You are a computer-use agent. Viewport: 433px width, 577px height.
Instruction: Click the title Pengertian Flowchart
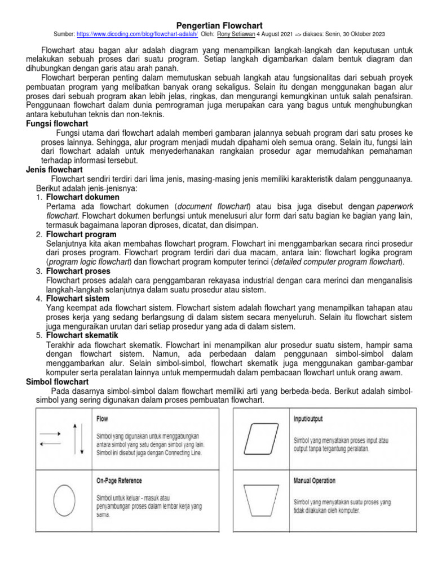tap(216, 25)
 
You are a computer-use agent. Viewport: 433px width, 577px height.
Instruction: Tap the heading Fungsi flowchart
tap(57, 123)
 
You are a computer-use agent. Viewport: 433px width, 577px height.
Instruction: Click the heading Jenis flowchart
tap(55, 170)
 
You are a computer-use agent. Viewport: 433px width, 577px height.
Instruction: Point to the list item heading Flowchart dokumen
tap(82, 197)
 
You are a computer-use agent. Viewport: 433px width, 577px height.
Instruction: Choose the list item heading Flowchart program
tap(81, 234)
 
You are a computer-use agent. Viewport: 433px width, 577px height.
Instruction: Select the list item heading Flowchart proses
tap(79, 271)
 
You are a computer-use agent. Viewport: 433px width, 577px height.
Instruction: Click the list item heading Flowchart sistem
tap(78, 299)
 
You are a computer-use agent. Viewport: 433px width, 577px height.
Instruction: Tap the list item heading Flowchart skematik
tap(82, 335)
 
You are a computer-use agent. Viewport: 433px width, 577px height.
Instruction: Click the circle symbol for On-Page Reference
tap(64, 500)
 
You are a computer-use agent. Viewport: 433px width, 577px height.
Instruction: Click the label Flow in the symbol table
tap(103, 419)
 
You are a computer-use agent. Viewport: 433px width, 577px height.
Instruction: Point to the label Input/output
tap(308, 419)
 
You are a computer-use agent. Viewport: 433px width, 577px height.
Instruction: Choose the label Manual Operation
tap(314, 481)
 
